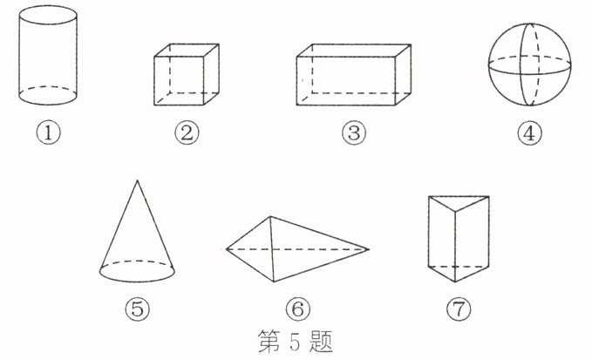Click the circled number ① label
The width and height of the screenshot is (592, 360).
[x=48, y=133]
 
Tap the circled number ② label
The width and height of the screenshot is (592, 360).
[x=187, y=133]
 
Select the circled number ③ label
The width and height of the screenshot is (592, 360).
[x=354, y=133]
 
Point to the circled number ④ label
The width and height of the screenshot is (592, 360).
[x=529, y=133]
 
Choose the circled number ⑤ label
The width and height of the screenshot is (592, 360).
[x=138, y=309]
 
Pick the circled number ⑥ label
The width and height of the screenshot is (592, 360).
[x=298, y=309]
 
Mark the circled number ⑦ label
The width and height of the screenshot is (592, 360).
[x=459, y=309]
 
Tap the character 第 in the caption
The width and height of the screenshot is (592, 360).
[x=269, y=342]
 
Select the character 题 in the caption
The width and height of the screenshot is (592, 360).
[x=321, y=342]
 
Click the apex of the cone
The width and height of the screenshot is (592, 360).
[x=137, y=180]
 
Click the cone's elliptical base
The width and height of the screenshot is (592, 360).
[x=137, y=282]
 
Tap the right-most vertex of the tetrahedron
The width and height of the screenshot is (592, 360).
[x=369, y=249]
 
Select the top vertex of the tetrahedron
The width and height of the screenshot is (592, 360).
[x=270, y=216]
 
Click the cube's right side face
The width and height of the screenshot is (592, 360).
[x=211, y=74]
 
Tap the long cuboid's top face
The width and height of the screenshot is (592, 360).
[x=354, y=51]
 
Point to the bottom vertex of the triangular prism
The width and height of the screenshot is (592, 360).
[x=455, y=282]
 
